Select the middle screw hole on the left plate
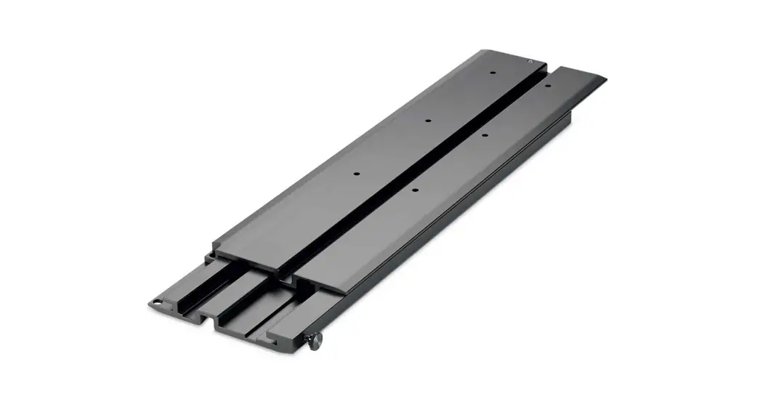[x=428, y=121]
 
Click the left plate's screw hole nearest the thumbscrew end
[x=357, y=174]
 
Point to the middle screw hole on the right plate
[x=484, y=135]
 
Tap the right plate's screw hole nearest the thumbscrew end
[x=414, y=190]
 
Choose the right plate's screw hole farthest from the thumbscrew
[x=548, y=85]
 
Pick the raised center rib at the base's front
[x=251, y=291]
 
